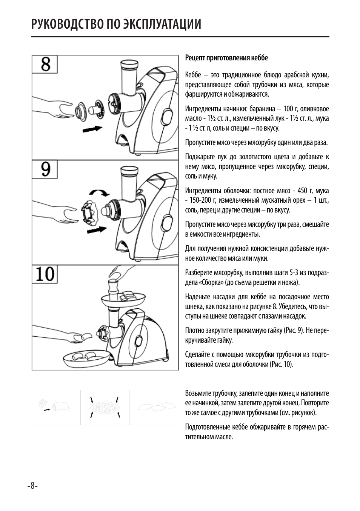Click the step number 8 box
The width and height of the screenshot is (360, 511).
tap(45, 65)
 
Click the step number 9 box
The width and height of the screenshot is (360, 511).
tap(45, 169)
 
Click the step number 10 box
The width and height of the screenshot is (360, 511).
tap(45, 274)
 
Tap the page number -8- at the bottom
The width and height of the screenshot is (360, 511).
tap(32, 486)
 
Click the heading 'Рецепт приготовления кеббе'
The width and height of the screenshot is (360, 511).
tap(226, 58)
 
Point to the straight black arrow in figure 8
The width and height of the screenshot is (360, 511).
tap(92, 129)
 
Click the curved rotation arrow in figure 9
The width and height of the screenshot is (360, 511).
tap(100, 193)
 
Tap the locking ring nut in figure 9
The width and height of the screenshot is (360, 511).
tap(89, 210)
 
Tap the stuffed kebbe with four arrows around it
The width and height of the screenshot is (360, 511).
tap(105, 407)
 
